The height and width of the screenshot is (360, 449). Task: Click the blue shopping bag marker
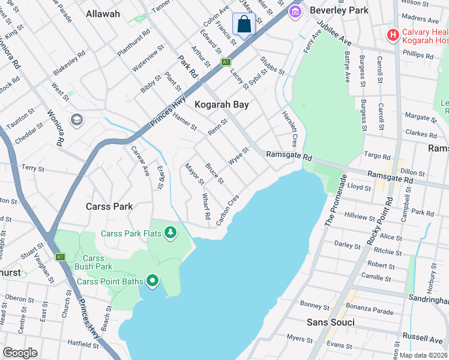click(x=244, y=25)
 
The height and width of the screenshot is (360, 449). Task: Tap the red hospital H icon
click(x=393, y=35)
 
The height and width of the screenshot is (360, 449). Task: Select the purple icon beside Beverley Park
click(x=295, y=11)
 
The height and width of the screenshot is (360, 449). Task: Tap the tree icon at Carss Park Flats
click(x=171, y=232)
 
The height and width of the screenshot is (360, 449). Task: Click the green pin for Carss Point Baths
click(x=152, y=281)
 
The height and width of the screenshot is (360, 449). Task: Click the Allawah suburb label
click(x=103, y=13)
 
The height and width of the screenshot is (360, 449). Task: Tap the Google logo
click(x=20, y=353)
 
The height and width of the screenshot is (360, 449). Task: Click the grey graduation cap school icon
click(x=76, y=121)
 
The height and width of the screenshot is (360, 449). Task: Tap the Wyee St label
click(x=238, y=157)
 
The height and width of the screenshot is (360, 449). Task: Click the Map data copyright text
click(x=423, y=355)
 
